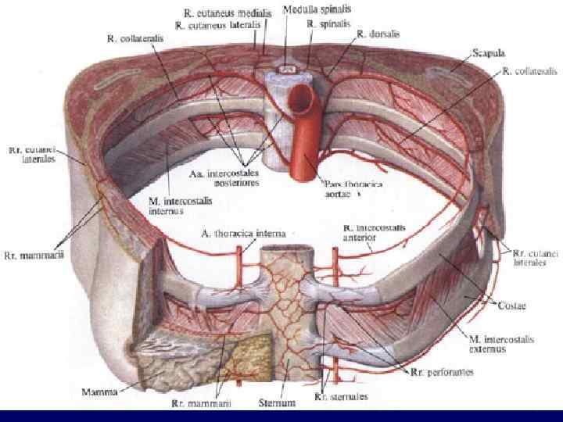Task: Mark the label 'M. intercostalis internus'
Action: (x=176, y=206)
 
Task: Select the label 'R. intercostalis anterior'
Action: (x=374, y=232)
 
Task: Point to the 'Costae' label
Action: (x=507, y=300)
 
